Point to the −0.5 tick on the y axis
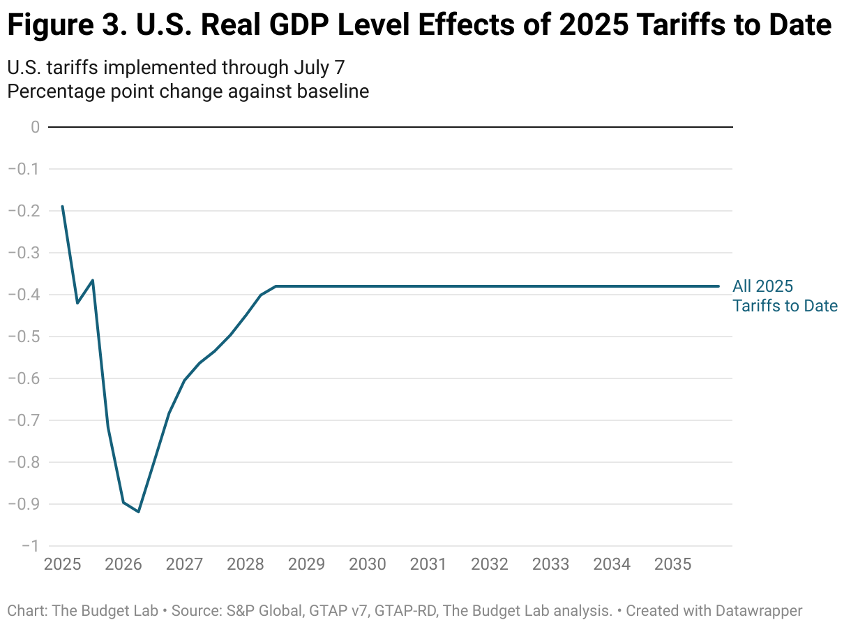point(24,337)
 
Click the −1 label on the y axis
point(29,546)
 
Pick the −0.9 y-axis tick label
point(24,504)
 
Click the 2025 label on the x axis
point(62,564)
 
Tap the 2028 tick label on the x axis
point(246,564)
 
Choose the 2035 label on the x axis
point(673,564)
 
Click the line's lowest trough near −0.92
point(139,512)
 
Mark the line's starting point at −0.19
point(62,207)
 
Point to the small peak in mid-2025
point(93,281)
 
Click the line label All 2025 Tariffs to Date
point(785,296)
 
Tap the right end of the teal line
point(718,286)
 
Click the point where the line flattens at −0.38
point(276,286)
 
